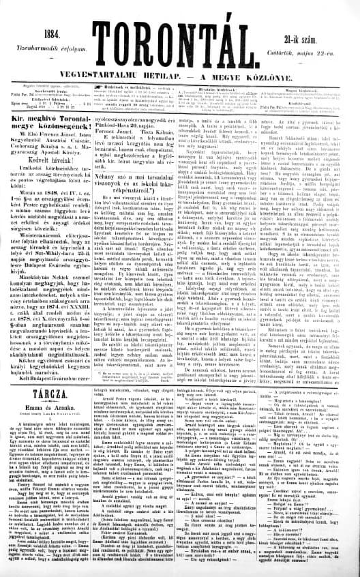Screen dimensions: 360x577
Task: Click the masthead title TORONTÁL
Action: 179,31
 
